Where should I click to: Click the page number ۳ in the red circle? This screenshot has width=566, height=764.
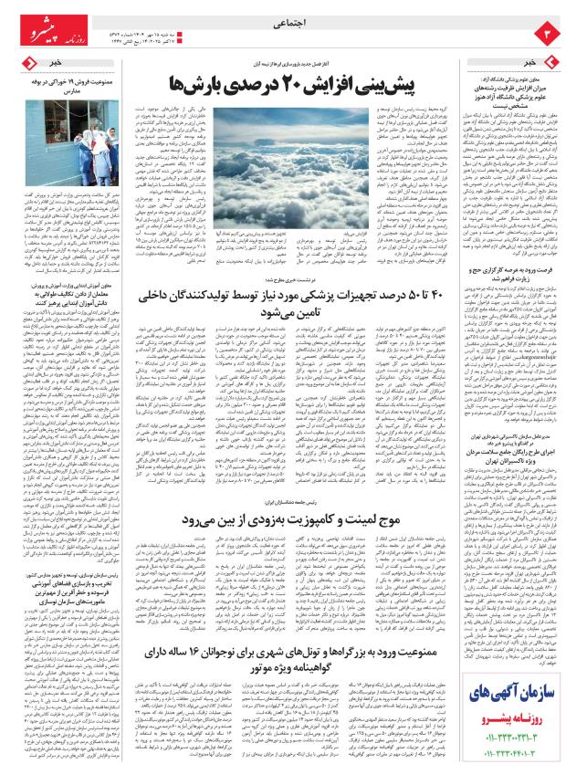coord(544,35)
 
